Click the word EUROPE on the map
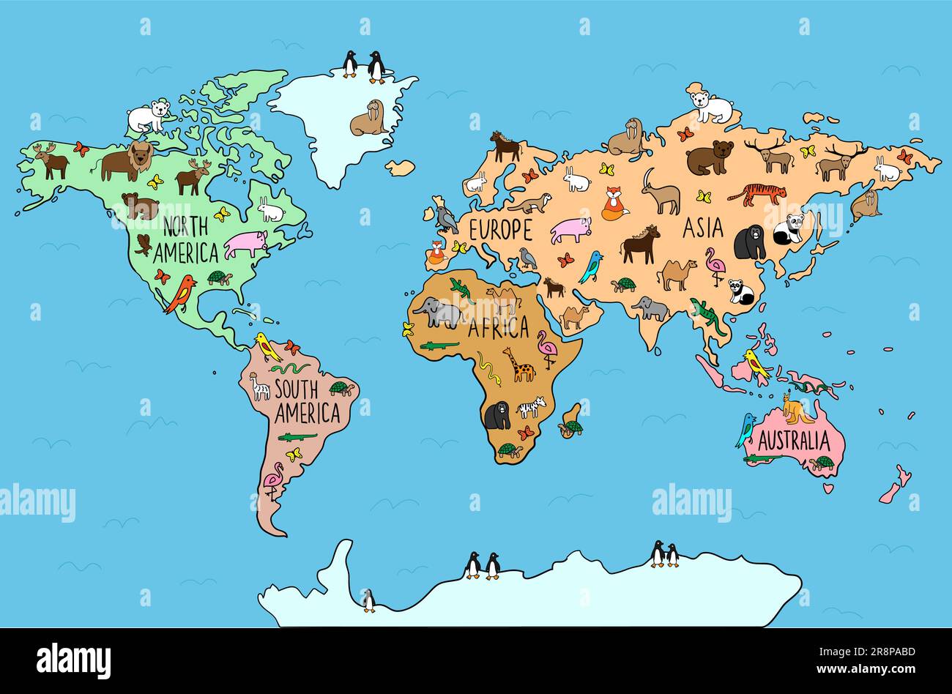coord(500,230)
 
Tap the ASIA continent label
coord(702,228)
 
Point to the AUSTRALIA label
coord(794,441)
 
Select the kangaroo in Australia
coord(796,408)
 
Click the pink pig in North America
coord(245,243)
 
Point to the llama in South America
coord(259,386)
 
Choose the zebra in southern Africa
coord(532,407)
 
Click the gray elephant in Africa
coord(437,313)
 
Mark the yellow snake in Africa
coord(489,369)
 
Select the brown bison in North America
coord(127,161)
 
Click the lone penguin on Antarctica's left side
coord(368,600)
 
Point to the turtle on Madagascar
coord(571,427)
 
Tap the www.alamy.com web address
coord(876,669)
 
